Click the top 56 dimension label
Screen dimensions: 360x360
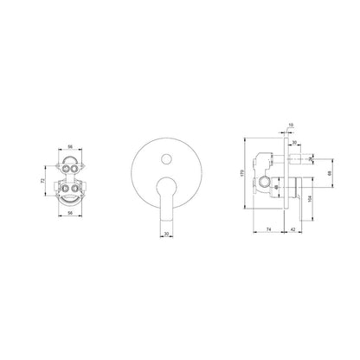click(x=70, y=146)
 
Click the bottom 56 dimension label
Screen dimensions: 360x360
click(x=70, y=213)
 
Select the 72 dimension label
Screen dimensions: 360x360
click(x=43, y=181)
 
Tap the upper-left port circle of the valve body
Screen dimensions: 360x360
click(x=66, y=168)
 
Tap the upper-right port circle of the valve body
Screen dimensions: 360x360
click(x=74, y=168)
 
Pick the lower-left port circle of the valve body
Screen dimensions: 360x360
click(x=66, y=189)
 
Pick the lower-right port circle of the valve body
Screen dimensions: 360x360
click(x=74, y=189)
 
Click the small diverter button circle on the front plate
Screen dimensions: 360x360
click(x=166, y=159)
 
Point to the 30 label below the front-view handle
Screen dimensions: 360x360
click(x=166, y=234)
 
